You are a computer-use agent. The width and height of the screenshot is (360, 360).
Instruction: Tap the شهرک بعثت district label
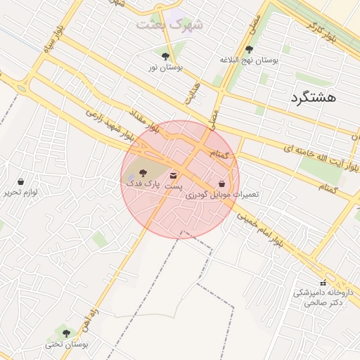tap(169, 25)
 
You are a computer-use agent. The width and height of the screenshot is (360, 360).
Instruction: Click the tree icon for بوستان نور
tap(166, 56)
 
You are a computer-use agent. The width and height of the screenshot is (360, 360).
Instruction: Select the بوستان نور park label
tap(166, 67)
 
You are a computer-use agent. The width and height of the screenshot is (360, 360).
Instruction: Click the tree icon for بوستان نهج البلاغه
tap(250, 49)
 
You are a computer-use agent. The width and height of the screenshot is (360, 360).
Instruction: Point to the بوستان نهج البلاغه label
tap(250, 60)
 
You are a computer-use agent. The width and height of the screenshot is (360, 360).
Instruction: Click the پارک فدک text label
tap(143, 182)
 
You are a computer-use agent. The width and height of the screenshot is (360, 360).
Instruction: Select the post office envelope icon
tap(173, 174)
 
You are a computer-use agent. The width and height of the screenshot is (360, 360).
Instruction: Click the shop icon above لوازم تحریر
tap(20, 181)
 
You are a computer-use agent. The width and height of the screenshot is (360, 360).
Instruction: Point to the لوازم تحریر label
tap(20, 192)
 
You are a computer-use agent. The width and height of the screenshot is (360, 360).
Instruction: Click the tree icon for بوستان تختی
tap(67, 333)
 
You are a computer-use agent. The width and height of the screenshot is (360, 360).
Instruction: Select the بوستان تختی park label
tap(67, 345)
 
